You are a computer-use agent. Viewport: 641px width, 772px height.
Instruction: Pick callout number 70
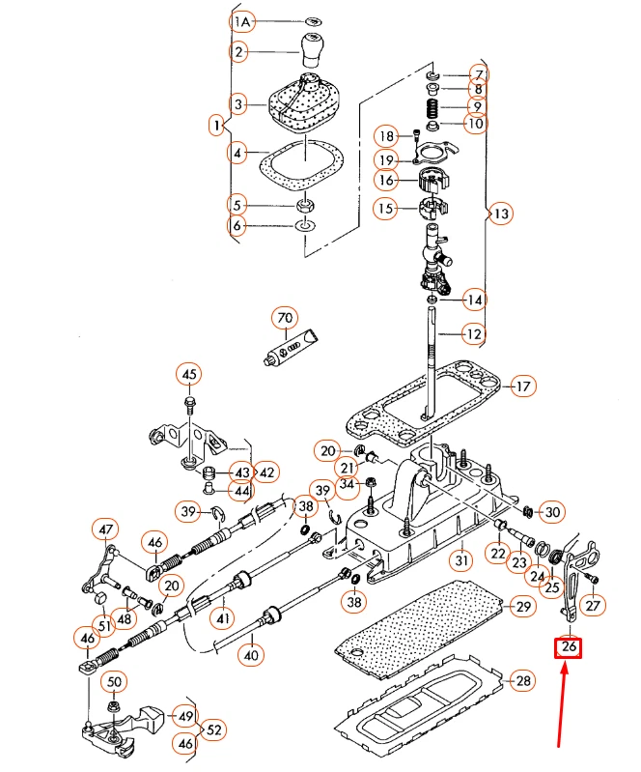click(x=284, y=318)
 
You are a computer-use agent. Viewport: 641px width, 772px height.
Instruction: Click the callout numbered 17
click(x=522, y=387)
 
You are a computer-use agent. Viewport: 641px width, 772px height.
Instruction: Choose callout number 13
click(x=499, y=214)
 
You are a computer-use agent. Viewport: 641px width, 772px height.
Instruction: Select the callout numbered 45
click(x=189, y=374)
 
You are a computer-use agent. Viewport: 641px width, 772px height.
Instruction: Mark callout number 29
click(x=522, y=607)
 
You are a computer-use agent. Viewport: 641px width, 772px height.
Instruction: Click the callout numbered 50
click(x=114, y=682)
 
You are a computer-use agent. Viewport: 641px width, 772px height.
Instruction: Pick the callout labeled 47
click(x=104, y=529)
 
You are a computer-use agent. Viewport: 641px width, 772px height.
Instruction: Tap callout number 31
click(x=461, y=559)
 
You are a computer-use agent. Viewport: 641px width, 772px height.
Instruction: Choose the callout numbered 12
click(x=472, y=334)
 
